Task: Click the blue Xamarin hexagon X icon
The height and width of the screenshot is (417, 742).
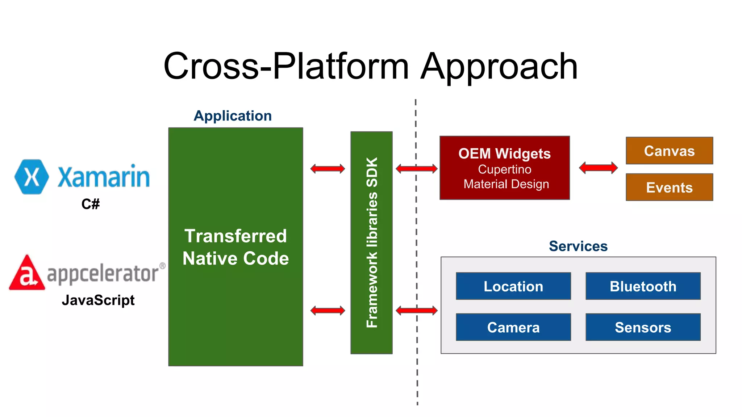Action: tap(32, 177)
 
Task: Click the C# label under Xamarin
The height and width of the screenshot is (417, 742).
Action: tap(91, 204)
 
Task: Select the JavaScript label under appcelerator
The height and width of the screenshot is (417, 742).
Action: tap(98, 300)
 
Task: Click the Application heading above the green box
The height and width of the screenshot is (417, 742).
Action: tap(233, 116)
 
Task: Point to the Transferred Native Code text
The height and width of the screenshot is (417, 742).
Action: tap(235, 247)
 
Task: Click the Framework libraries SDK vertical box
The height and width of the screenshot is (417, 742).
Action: tap(371, 243)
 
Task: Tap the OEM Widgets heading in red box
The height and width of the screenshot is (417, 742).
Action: tap(504, 153)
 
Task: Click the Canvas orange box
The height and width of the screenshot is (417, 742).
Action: tap(669, 151)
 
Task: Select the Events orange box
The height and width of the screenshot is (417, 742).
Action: tap(669, 188)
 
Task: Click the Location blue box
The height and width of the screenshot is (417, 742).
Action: tap(513, 286)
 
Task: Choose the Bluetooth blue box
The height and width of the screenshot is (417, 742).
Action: tap(643, 286)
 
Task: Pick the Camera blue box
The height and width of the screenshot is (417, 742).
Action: tap(513, 327)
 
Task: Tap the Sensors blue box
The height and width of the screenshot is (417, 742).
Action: tap(643, 327)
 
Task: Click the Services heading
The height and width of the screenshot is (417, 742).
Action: tap(578, 246)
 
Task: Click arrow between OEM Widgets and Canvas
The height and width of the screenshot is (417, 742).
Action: tap(598, 168)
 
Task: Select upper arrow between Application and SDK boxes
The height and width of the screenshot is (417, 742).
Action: tap(328, 169)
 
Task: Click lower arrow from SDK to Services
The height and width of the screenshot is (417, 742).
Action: tap(416, 310)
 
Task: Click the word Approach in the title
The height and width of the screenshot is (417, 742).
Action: tap(499, 67)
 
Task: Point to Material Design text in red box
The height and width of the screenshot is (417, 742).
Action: tap(506, 184)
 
